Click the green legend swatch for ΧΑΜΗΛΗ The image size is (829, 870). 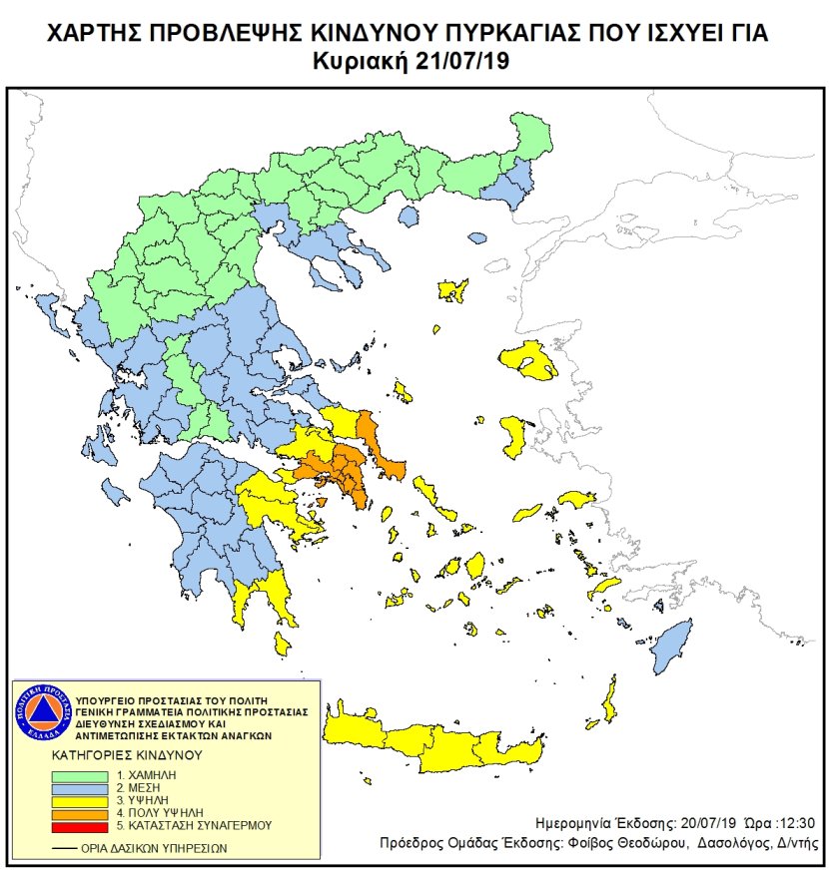[84, 774]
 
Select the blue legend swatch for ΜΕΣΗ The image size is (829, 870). [84, 787]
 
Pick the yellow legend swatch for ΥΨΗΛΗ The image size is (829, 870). [84, 800]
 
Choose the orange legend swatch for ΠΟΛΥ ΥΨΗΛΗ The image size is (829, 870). [84, 813]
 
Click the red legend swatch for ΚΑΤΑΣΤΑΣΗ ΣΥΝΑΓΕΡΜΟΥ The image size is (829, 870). [84, 826]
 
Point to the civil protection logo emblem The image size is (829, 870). [41, 717]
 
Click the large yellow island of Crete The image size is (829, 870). [449, 743]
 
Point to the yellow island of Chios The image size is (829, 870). [516, 437]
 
